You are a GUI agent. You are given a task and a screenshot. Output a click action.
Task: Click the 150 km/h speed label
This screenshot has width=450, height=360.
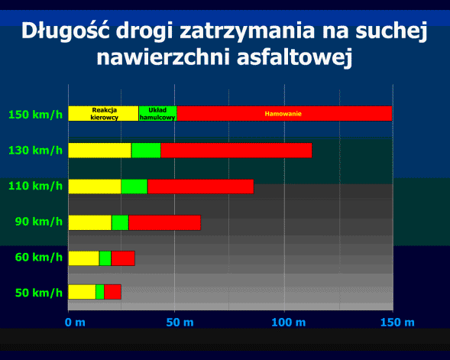click(x=36, y=115)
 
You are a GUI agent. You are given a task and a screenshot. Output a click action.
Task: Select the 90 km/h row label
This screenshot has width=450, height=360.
click(x=39, y=222)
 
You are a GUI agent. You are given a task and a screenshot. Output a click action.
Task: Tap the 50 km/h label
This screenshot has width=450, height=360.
click(x=39, y=293)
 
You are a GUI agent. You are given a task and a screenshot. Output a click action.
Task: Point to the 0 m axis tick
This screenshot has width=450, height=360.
click(x=75, y=323)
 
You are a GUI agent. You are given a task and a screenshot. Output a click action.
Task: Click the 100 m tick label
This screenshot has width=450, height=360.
click(x=289, y=323)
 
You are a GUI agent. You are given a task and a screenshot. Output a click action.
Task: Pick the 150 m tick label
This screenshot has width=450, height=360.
click(x=397, y=323)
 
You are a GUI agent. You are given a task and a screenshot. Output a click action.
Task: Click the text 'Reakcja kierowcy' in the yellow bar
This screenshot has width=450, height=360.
click(x=104, y=114)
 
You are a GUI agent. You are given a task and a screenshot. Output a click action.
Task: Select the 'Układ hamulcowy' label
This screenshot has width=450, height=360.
click(x=157, y=114)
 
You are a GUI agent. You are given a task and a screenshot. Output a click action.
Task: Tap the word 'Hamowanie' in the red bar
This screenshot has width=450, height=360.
click(x=283, y=114)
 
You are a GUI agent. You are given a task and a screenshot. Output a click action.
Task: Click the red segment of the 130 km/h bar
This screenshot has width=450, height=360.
click(x=236, y=151)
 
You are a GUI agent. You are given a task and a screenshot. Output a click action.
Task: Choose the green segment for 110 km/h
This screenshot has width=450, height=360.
click(x=134, y=186)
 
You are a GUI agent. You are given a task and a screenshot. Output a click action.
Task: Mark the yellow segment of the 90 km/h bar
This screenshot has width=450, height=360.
click(x=90, y=222)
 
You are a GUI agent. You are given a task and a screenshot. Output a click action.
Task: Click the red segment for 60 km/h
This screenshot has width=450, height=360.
click(x=123, y=258)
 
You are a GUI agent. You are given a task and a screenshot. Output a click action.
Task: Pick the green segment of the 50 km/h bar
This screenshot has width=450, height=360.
click(x=100, y=292)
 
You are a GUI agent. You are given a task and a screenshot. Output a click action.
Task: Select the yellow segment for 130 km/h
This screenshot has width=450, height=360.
click(x=99, y=151)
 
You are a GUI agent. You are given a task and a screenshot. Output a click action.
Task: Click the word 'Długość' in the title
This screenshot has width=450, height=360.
click(x=66, y=31)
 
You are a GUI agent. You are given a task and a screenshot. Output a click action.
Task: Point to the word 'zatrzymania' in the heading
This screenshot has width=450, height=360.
click(x=248, y=31)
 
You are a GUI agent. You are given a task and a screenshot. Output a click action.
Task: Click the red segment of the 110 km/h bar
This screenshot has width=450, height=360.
click(x=201, y=186)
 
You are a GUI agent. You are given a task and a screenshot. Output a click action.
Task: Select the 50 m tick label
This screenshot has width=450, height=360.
click(x=180, y=323)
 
